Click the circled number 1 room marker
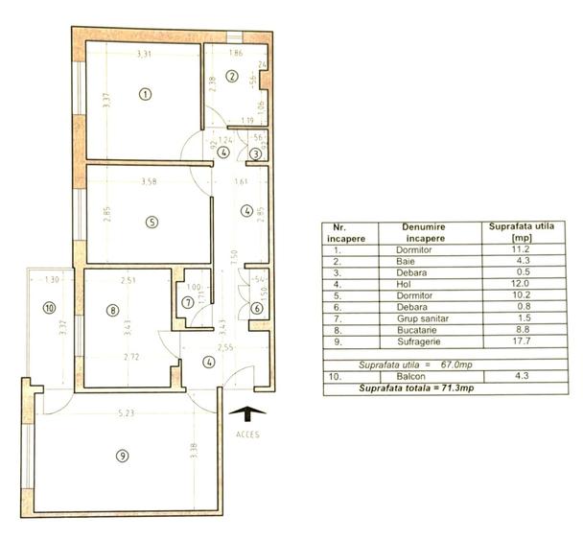tap(145, 94)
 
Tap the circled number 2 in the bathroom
tap(231, 76)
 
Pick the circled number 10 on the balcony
tap(49, 309)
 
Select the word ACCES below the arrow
tap(246, 434)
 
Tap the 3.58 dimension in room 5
tap(148, 181)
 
